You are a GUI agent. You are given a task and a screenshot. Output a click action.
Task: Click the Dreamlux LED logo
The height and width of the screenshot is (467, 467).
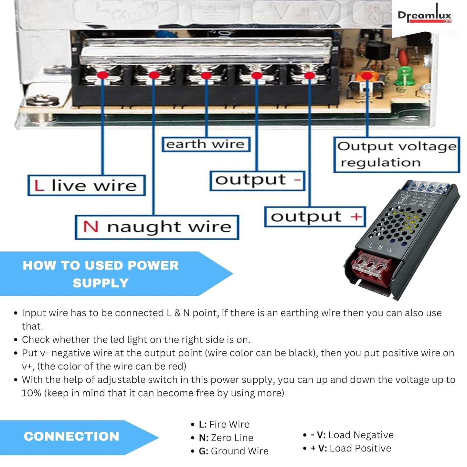424,16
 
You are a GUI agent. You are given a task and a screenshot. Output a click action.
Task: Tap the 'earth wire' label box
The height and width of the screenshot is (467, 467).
206,144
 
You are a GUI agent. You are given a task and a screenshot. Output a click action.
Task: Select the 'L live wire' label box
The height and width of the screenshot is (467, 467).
86,186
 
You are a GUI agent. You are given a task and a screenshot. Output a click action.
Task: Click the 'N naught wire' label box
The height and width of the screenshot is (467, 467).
157,227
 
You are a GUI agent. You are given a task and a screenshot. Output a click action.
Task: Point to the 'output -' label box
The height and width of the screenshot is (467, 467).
257,181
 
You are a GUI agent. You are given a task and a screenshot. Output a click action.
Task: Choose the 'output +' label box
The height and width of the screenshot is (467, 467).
315,217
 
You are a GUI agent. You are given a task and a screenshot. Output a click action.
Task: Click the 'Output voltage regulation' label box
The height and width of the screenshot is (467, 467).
397,154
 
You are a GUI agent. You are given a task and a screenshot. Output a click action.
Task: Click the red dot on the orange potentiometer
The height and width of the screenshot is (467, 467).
366,76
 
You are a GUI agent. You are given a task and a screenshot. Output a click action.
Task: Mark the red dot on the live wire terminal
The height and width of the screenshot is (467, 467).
103,75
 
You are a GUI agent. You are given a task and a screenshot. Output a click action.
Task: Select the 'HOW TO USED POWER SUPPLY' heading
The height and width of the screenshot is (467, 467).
101,274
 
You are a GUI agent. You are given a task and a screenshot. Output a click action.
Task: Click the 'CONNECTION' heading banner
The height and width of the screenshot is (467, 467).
72,437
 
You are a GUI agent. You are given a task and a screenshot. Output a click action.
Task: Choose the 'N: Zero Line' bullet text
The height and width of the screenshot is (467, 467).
226,438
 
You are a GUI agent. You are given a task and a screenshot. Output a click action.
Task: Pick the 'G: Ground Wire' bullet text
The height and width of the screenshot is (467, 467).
234,451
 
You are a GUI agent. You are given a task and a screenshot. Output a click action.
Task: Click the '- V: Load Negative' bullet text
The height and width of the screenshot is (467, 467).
352,435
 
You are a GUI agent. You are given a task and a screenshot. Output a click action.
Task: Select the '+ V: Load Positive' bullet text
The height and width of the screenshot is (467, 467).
351,448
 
